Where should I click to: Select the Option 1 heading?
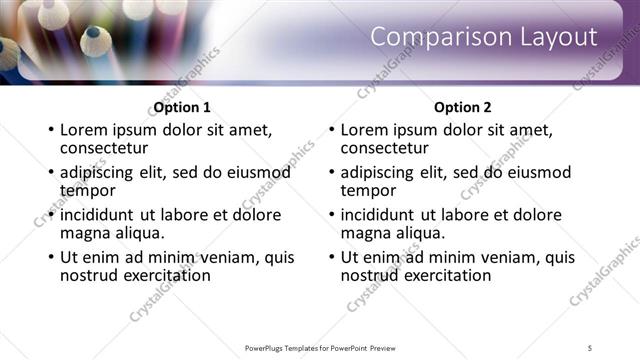point(182,107)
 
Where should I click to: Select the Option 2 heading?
point(462,107)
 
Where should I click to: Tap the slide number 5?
point(590,347)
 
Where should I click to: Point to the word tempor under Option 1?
point(88,190)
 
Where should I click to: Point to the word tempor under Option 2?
point(368,190)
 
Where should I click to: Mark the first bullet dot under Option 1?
point(50,131)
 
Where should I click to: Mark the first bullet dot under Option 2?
point(330,131)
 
